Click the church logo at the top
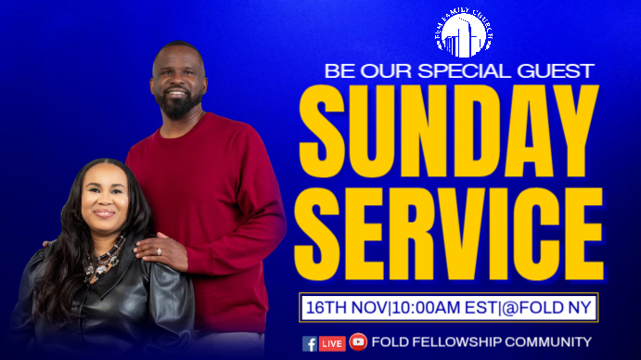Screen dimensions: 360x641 (463, 34)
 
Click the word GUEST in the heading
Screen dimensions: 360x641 (554, 71)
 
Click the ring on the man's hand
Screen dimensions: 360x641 (158, 251)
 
